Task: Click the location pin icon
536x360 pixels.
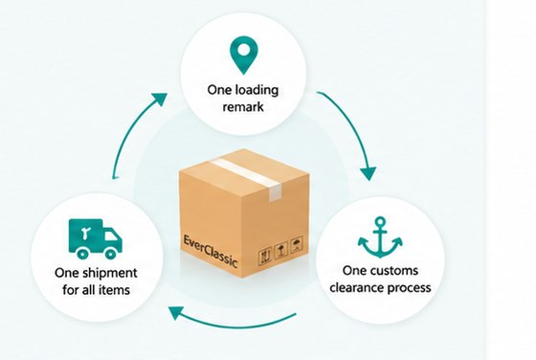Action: pyautogui.click(x=243, y=55)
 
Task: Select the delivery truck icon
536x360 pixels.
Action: pyautogui.click(x=96, y=238)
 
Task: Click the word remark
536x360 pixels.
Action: pyautogui.click(x=243, y=106)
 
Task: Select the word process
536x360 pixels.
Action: pyautogui.click(x=410, y=288)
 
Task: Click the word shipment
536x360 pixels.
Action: pyautogui.click(x=109, y=273)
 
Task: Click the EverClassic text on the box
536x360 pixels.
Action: pyautogui.click(x=210, y=251)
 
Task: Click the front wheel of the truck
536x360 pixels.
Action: pyautogui.click(x=110, y=254)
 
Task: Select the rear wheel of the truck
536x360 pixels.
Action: pyautogui.click(x=82, y=254)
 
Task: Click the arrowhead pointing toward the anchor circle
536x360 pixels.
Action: pyautogui.click(x=368, y=173)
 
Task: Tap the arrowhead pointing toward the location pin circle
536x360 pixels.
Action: pyautogui.click(x=159, y=99)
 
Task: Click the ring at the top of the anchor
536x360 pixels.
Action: pyautogui.click(x=380, y=221)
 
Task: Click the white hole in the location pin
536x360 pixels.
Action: pyautogui.click(x=243, y=50)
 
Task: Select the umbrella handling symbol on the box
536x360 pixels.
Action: pyautogui.click(x=297, y=244)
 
